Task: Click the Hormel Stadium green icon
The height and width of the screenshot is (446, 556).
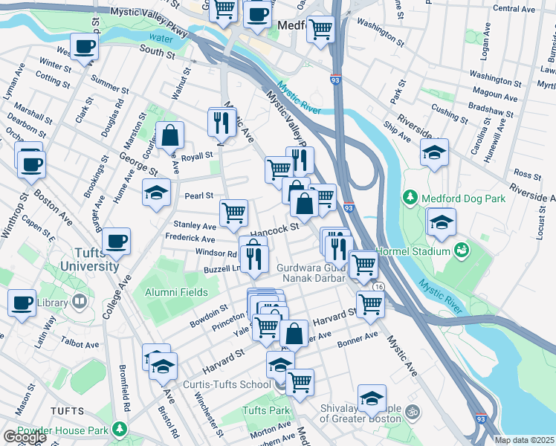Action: [462, 250]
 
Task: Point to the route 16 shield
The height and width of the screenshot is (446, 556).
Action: [379, 286]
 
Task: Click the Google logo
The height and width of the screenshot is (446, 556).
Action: [24, 436]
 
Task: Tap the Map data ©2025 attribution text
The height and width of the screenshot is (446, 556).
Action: [524, 440]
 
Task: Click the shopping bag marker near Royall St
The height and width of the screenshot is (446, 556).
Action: [170, 135]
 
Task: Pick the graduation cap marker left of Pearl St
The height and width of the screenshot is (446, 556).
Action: [156, 193]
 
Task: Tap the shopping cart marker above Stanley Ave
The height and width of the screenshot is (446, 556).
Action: [234, 212]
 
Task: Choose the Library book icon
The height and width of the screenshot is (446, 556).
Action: [78, 302]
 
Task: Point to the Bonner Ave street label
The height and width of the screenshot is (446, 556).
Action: [358, 338]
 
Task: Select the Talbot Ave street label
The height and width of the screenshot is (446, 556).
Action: [81, 345]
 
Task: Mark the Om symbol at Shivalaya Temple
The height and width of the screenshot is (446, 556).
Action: [414, 410]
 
